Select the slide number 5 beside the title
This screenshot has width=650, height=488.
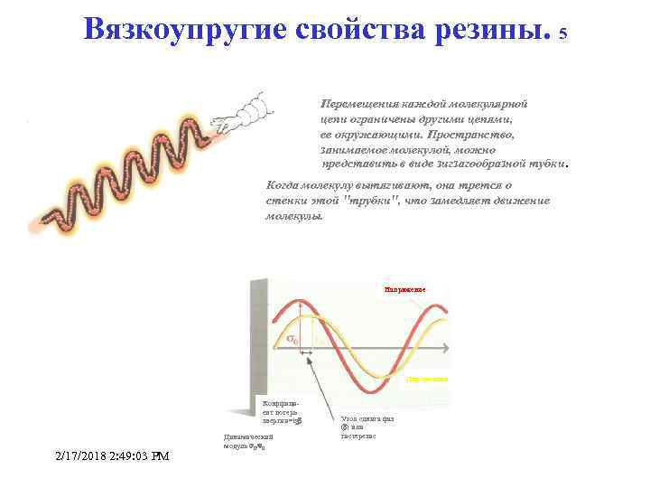point(563,34)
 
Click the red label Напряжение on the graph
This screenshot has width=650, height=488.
point(404,289)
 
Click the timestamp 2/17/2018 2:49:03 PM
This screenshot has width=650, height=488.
point(111,456)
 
